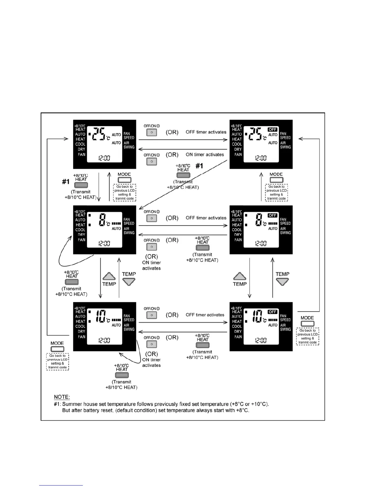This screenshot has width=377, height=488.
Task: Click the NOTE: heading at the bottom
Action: point(62,397)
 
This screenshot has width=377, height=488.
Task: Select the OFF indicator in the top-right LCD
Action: point(273,129)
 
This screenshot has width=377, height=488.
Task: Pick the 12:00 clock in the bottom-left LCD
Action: point(104,340)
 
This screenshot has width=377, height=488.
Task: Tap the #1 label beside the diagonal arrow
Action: point(199,166)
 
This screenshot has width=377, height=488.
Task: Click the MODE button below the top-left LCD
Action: point(124,180)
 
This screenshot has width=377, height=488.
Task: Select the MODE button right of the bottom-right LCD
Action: point(307,323)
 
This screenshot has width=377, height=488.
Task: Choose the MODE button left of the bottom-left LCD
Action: point(57,349)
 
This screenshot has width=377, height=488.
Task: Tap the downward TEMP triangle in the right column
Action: point(282,282)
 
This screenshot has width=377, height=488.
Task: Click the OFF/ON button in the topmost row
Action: point(152,132)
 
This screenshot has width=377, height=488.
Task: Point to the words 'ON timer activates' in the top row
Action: point(205,155)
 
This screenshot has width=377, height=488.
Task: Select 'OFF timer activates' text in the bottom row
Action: point(205,315)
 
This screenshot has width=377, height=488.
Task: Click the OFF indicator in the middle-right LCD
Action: point(273,215)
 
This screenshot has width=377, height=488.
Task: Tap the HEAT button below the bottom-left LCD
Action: point(122,375)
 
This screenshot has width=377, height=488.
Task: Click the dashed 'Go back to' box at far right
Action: point(307,336)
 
